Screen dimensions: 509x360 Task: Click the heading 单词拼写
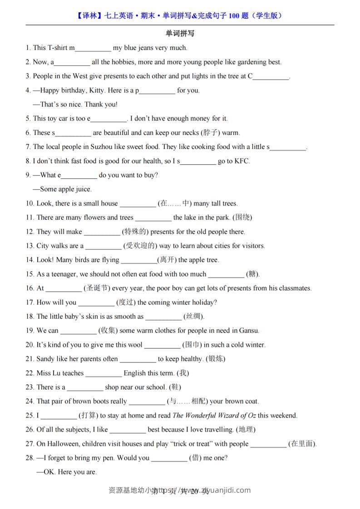[x=180, y=34]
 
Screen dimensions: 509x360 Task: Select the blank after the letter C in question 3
[x=271, y=77]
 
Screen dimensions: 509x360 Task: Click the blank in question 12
[x=102, y=232]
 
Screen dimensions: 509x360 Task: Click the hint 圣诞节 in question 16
[x=97, y=288]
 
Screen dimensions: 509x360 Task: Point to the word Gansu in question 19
[x=249, y=331]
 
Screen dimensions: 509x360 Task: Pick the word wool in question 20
[x=135, y=345]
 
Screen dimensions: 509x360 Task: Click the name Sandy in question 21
[x=45, y=359]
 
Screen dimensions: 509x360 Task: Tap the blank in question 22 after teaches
[x=104, y=373]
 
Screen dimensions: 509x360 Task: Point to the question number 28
[x=30, y=458]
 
